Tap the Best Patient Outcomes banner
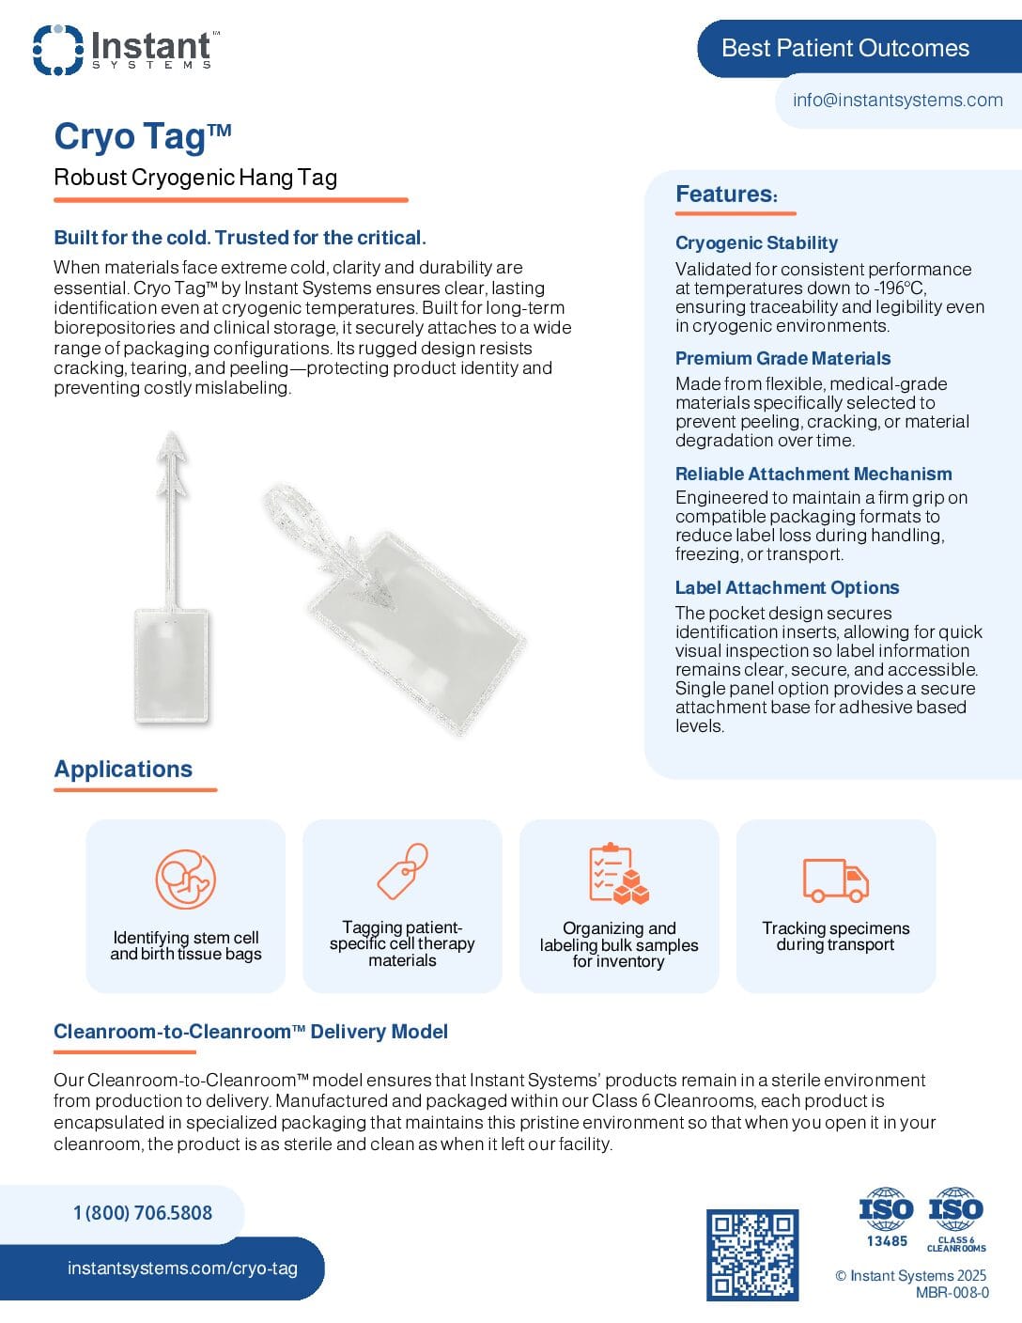[x=844, y=49]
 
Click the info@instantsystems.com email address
[x=897, y=101]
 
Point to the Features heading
[x=726, y=195]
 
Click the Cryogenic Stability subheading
[x=756, y=243]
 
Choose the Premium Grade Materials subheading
[x=782, y=359]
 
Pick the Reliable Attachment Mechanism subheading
[x=813, y=475]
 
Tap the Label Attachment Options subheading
[x=786, y=588]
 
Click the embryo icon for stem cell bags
[x=185, y=879]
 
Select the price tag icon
[x=402, y=871]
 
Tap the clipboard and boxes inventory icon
[x=618, y=874]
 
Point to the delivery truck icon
[x=835, y=879]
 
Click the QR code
[x=752, y=1254]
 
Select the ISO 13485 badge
[x=886, y=1218]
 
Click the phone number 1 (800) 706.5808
[x=143, y=1213]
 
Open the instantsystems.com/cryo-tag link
[x=182, y=1269]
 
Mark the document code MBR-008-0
[x=952, y=1293]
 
